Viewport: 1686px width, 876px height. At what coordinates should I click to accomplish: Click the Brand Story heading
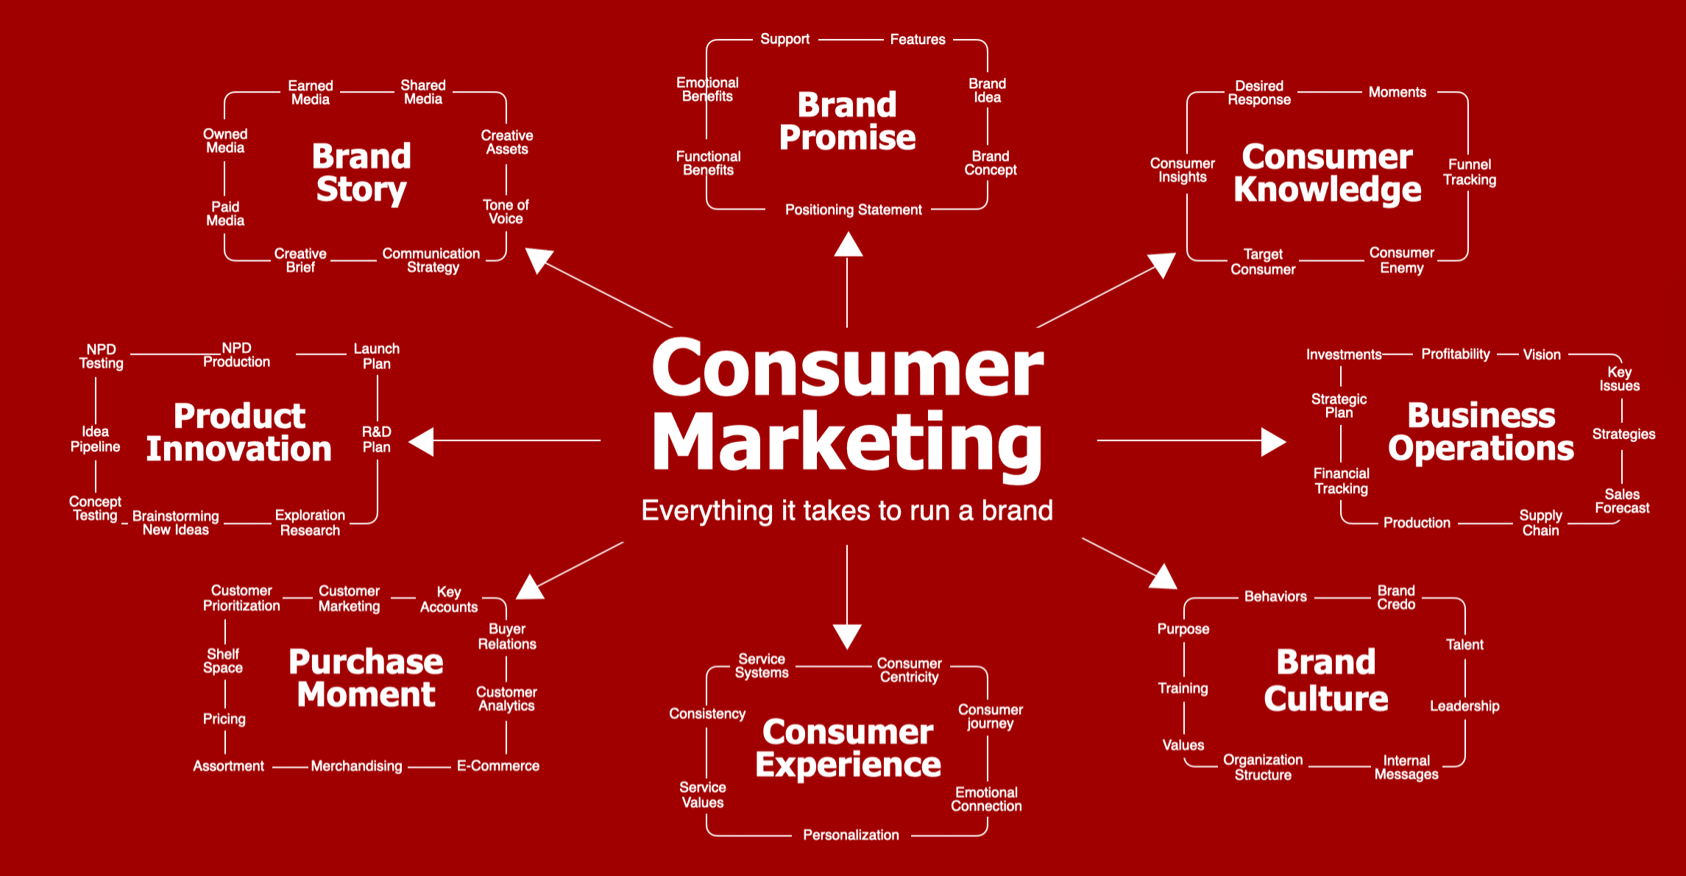pyautogui.click(x=361, y=173)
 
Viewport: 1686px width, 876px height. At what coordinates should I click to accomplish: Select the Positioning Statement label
pyautogui.click(x=853, y=210)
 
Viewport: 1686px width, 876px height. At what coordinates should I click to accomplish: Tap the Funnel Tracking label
pyautogui.click(x=1469, y=172)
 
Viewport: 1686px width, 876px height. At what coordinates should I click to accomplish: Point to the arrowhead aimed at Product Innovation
pyautogui.click(x=422, y=441)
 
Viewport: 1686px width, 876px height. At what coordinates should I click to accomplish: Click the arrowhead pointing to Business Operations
pyautogui.click(x=1273, y=441)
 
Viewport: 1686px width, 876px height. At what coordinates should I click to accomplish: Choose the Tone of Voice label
pyautogui.click(x=506, y=212)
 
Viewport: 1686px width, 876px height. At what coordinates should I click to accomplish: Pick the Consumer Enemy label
pyautogui.click(x=1401, y=260)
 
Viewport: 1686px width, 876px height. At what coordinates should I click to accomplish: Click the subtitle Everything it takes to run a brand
pyautogui.click(x=847, y=510)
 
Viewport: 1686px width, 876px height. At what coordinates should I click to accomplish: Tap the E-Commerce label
pyautogui.click(x=498, y=766)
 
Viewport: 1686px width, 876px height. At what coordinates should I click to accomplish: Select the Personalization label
pyautogui.click(x=851, y=835)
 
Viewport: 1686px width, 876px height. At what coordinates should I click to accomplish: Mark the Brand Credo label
pyautogui.click(x=1396, y=597)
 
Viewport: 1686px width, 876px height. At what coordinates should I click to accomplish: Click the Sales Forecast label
pyautogui.click(x=1622, y=501)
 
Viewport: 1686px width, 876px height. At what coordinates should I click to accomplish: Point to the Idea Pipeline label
pyautogui.click(x=95, y=439)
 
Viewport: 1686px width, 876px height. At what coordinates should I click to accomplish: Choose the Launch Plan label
pyautogui.click(x=377, y=356)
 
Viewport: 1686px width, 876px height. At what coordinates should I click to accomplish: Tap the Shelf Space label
pyautogui.click(x=223, y=660)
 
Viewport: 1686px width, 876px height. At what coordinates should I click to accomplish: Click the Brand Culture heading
pyautogui.click(x=1326, y=680)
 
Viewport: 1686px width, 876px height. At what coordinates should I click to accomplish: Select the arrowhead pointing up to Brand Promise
pyautogui.click(x=848, y=245)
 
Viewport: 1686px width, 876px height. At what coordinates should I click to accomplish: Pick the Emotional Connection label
pyautogui.click(x=986, y=799)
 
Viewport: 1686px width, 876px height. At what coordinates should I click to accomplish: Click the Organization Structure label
pyautogui.click(x=1263, y=767)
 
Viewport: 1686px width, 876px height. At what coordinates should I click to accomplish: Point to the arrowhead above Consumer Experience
pyautogui.click(x=847, y=635)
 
